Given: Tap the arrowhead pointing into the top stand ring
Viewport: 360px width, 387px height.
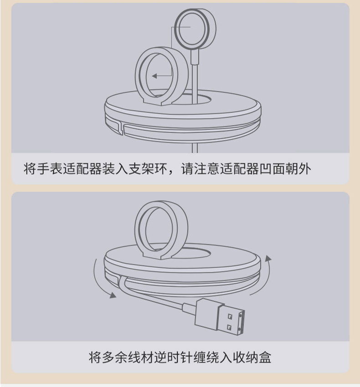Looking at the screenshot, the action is pyautogui.click(x=154, y=76).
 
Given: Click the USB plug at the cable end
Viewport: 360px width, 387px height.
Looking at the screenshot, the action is pyautogui.click(x=221, y=316).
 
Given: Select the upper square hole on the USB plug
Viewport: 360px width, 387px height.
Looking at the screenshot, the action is pyautogui.click(x=230, y=316).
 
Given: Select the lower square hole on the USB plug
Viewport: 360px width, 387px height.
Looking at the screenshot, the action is pyautogui.click(x=229, y=327).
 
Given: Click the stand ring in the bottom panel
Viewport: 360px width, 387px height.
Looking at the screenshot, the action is pyautogui.click(x=139, y=229).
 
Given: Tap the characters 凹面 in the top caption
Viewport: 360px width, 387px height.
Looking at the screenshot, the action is pyautogui.click(x=272, y=169).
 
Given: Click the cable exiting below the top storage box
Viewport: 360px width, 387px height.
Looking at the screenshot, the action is pyautogui.click(x=195, y=148).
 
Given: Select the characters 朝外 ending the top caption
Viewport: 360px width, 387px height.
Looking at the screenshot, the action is pyautogui.click(x=298, y=169).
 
